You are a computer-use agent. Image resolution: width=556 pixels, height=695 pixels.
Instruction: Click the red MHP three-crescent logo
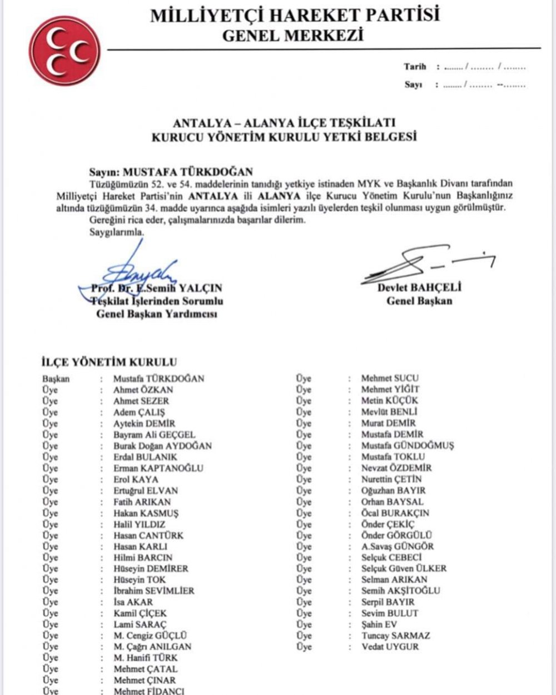(65, 51)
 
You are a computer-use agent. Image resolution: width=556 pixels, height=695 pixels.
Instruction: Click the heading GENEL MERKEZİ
(292, 36)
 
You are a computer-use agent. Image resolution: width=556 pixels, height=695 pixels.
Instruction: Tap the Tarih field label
(415, 67)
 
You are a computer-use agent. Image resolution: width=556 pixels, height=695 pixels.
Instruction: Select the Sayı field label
(413, 85)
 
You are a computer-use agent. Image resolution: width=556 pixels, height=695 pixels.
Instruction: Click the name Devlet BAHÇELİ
(419, 287)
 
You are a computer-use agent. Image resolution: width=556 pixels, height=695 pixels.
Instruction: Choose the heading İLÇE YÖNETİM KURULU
(110, 362)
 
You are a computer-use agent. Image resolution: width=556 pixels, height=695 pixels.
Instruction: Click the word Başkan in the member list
(56, 379)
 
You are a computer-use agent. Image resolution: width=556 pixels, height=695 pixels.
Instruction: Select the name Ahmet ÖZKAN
(143, 390)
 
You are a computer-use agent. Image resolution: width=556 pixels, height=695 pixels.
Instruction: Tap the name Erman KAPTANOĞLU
(158, 468)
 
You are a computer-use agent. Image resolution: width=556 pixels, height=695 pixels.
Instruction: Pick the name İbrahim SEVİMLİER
(157, 590)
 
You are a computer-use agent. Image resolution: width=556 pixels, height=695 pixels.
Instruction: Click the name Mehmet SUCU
(390, 378)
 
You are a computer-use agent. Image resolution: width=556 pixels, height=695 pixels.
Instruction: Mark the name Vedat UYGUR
(390, 647)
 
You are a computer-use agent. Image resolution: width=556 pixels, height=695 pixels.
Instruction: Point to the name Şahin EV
(379, 624)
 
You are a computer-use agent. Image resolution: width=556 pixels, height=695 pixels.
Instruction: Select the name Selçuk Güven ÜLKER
(404, 568)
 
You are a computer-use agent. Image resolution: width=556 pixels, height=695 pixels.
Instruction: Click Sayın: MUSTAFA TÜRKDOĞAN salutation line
(171, 172)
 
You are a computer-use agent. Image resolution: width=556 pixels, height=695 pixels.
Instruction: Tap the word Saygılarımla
(117, 232)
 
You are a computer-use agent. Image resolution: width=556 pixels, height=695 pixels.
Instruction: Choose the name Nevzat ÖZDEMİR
(396, 468)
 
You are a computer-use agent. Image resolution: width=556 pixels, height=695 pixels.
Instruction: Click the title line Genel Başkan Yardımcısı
(157, 314)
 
